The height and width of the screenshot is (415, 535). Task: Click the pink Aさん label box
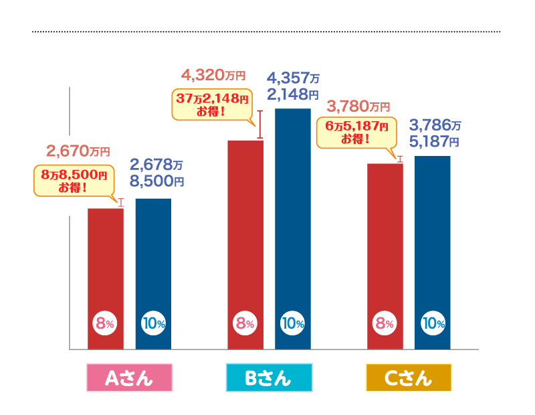tap(130, 378)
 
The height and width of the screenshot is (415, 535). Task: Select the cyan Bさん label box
tap(269, 378)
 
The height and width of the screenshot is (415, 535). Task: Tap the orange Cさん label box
tap(409, 378)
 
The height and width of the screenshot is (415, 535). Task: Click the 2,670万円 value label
tap(78, 151)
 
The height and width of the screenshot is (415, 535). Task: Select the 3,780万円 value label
tap(358, 106)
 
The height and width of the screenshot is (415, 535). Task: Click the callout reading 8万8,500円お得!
tap(73, 181)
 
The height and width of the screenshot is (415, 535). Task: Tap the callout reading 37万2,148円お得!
tap(212, 104)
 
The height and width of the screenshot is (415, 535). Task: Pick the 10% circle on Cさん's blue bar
tap(433, 324)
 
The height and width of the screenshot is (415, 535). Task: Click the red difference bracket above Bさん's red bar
tap(259, 124)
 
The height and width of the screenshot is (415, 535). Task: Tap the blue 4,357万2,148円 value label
tap(293, 85)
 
